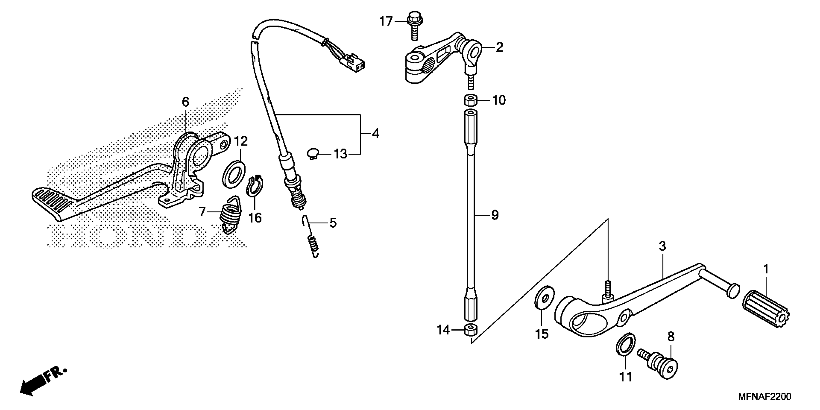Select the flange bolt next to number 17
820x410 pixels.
414,29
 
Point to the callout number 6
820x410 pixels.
185,102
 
